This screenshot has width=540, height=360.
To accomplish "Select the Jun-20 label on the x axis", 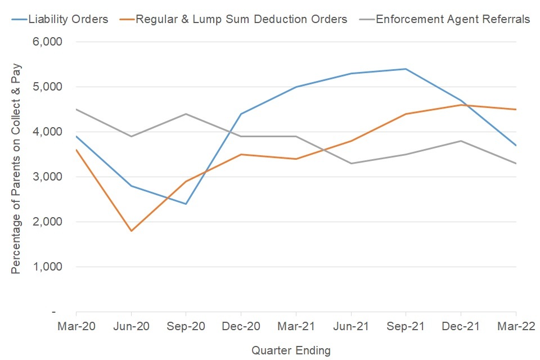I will (131, 326).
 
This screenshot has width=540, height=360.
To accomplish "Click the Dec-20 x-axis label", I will (241, 326).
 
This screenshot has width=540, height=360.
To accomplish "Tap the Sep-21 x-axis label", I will (406, 326).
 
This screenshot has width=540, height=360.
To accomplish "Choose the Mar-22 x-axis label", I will (515, 326).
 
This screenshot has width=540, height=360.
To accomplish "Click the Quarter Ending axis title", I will (291, 350).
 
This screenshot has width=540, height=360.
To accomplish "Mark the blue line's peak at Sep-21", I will (406, 69).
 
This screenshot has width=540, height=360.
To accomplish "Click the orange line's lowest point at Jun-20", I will (131, 231).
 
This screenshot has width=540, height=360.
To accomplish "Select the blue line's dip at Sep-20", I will (186, 204).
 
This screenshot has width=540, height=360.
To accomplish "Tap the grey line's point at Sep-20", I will (186, 114).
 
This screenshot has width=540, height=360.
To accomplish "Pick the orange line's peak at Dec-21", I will (461, 105).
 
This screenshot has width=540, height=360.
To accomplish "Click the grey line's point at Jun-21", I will (351, 163).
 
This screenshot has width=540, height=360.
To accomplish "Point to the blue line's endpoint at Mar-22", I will (516, 145).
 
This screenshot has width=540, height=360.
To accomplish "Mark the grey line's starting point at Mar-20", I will (76, 110).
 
